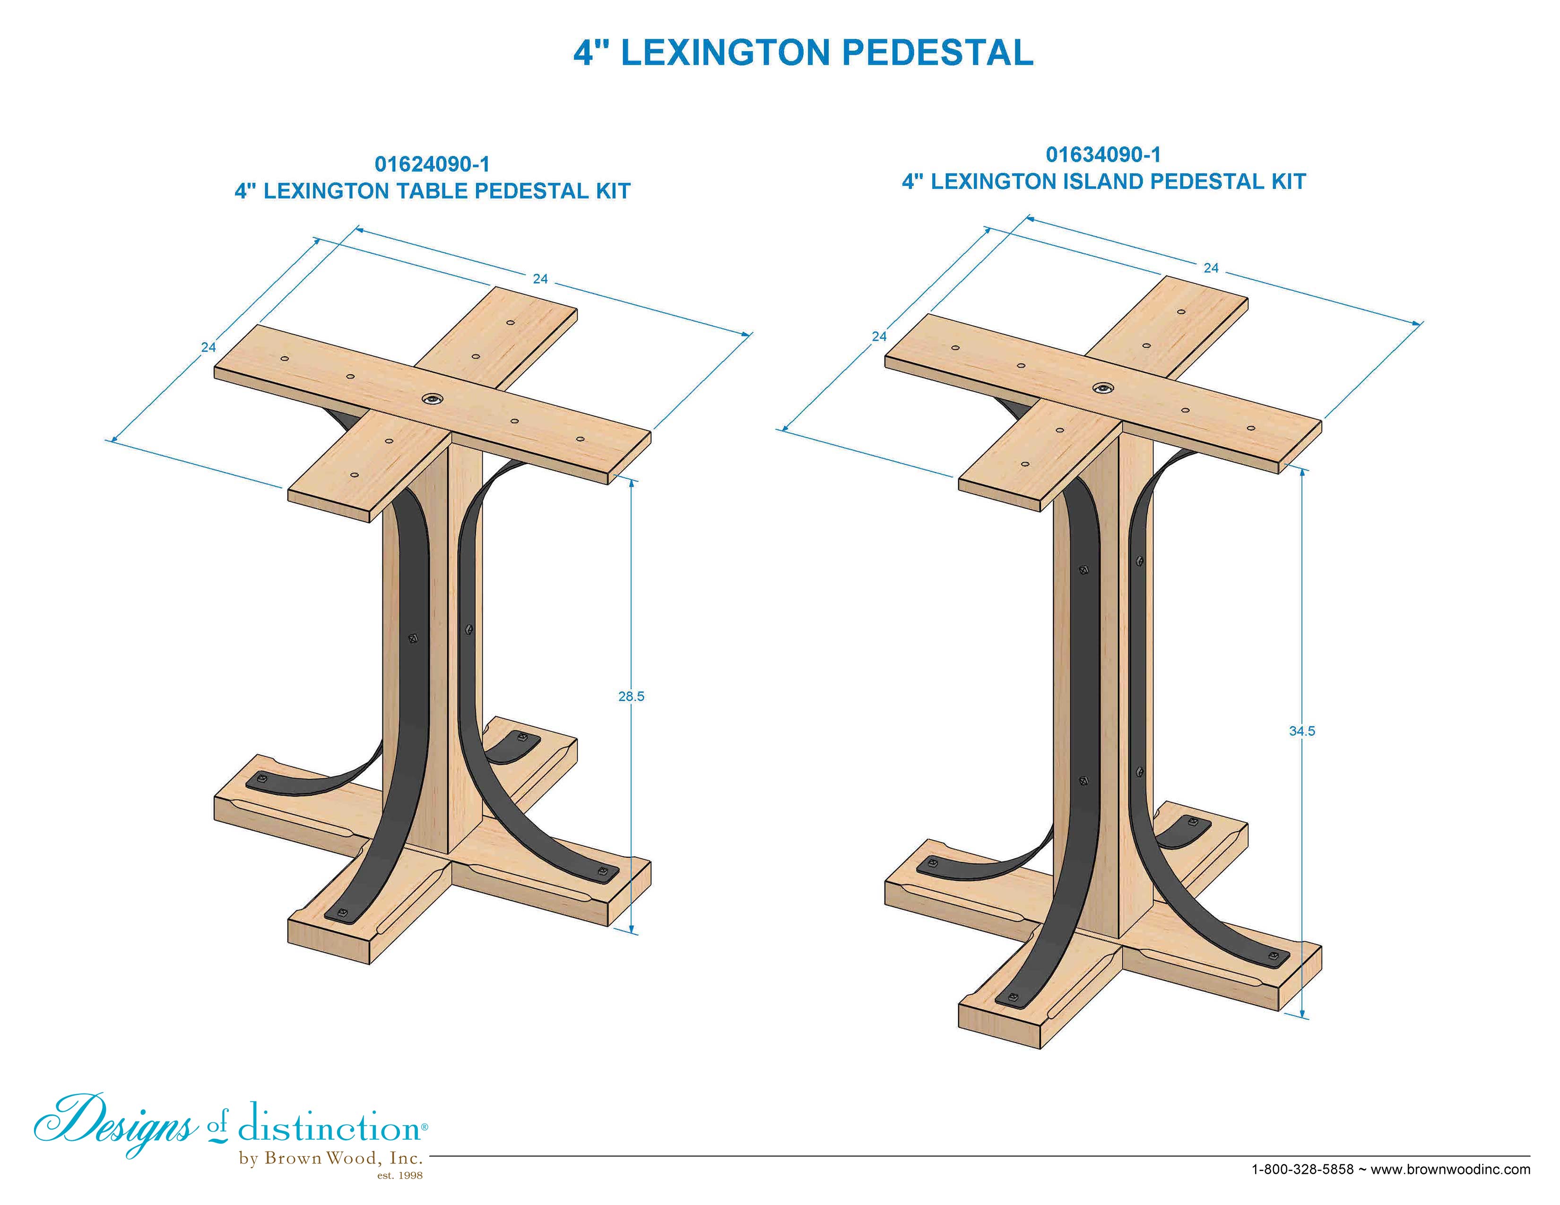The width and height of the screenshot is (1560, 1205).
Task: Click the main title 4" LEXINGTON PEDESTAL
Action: tap(803, 53)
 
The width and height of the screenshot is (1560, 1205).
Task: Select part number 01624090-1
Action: tap(432, 164)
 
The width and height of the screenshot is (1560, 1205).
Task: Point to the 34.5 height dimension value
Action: tap(1301, 731)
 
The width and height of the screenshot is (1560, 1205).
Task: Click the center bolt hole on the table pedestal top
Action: tap(432, 399)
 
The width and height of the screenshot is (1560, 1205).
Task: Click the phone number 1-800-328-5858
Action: tap(1302, 1169)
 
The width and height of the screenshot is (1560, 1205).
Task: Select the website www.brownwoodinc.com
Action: tap(1450, 1169)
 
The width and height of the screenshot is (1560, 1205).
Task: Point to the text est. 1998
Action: tap(399, 1176)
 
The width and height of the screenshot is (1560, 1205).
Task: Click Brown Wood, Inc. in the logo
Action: tap(343, 1158)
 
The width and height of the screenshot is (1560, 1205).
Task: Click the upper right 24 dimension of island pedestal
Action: tap(1211, 268)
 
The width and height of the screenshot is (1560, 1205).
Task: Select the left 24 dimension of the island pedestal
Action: tap(879, 336)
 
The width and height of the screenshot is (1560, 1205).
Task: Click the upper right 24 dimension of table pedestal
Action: tap(540, 279)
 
